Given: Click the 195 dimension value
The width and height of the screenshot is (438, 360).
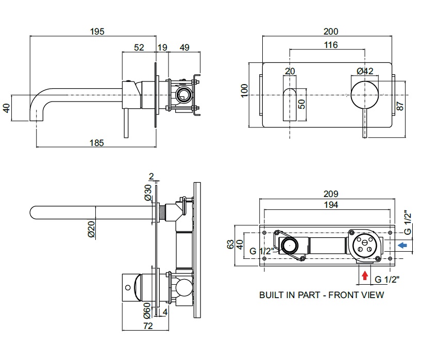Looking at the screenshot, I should (x=97, y=31).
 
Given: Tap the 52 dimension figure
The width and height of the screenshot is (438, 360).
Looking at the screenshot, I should (x=139, y=47).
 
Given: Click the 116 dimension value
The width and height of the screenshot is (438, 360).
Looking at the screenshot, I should (x=331, y=45).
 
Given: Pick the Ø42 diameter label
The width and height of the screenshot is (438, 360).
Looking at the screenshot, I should (x=364, y=72).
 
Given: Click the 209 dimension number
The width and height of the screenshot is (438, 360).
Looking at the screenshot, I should (x=331, y=194).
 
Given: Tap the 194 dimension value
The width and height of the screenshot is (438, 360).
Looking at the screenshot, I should (x=331, y=205).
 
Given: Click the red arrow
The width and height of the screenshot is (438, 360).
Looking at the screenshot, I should (x=365, y=275).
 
